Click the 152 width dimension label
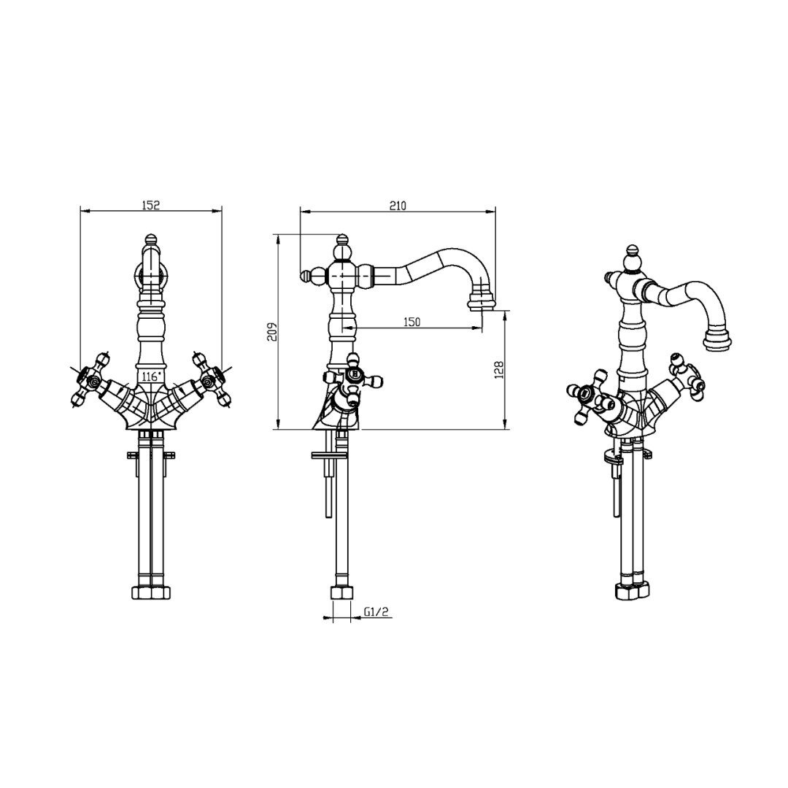click(150, 205)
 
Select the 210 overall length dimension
click(398, 206)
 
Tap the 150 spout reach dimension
click(412, 322)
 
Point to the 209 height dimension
click(272, 332)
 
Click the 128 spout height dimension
click(499, 370)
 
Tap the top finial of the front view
click(149, 239)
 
